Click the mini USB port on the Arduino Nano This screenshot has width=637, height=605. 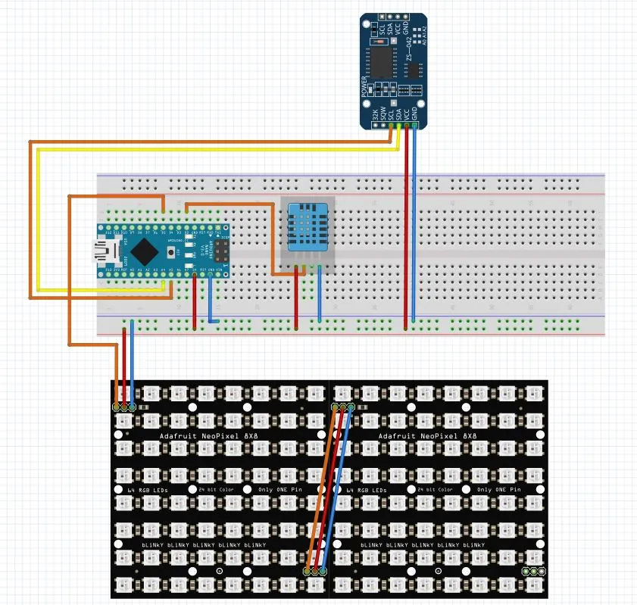pyautogui.click(x=99, y=250)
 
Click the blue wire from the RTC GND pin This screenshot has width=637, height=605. pyautogui.click(x=414, y=227)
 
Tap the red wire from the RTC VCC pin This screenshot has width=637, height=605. pyautogui.click(x=407, y=227)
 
